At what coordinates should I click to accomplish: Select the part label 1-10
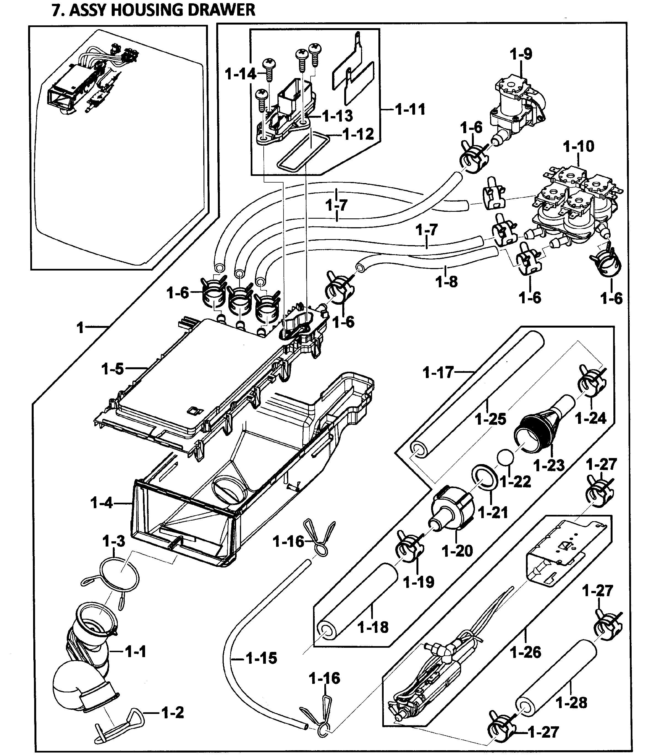[x=578, y=147]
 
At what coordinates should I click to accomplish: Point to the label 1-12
[x=358, y=134]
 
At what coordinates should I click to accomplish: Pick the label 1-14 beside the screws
[x=240, y=74]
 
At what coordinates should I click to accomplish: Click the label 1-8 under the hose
[x=446, y=282]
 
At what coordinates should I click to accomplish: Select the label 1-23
[x=549, y=465]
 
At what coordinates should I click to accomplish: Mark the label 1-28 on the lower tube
[x=571, y=702]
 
